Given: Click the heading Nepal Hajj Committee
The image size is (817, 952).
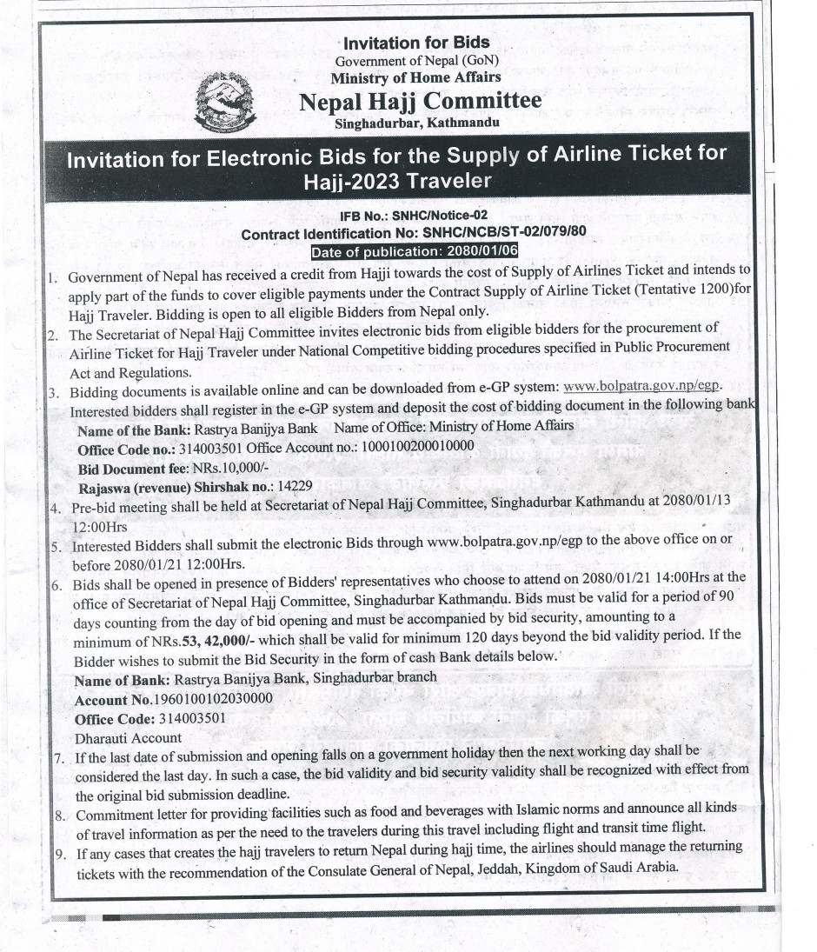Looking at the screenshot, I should (420, 102).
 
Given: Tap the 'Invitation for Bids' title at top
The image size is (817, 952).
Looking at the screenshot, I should (416, 43).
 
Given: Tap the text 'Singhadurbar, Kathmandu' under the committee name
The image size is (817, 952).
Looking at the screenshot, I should (417, 123).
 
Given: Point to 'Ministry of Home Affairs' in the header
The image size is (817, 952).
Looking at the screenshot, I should (417, 77).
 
